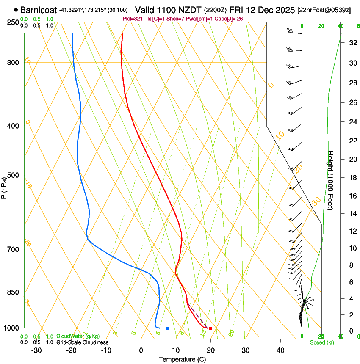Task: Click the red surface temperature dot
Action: point(210,328)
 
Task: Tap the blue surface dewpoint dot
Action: point(167,328)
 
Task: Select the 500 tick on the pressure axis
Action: point(14,175)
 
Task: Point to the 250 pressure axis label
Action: point(14,22)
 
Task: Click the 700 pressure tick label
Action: point(14,249)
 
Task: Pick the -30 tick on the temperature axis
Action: point(36,350)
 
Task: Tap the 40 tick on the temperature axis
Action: point(280,350)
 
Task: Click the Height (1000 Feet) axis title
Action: point(331,180)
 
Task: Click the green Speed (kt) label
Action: point(321,342)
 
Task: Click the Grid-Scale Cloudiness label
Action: point(82,342)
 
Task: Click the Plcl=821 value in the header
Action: point(133,19)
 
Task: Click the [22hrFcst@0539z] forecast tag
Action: point(324,10)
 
